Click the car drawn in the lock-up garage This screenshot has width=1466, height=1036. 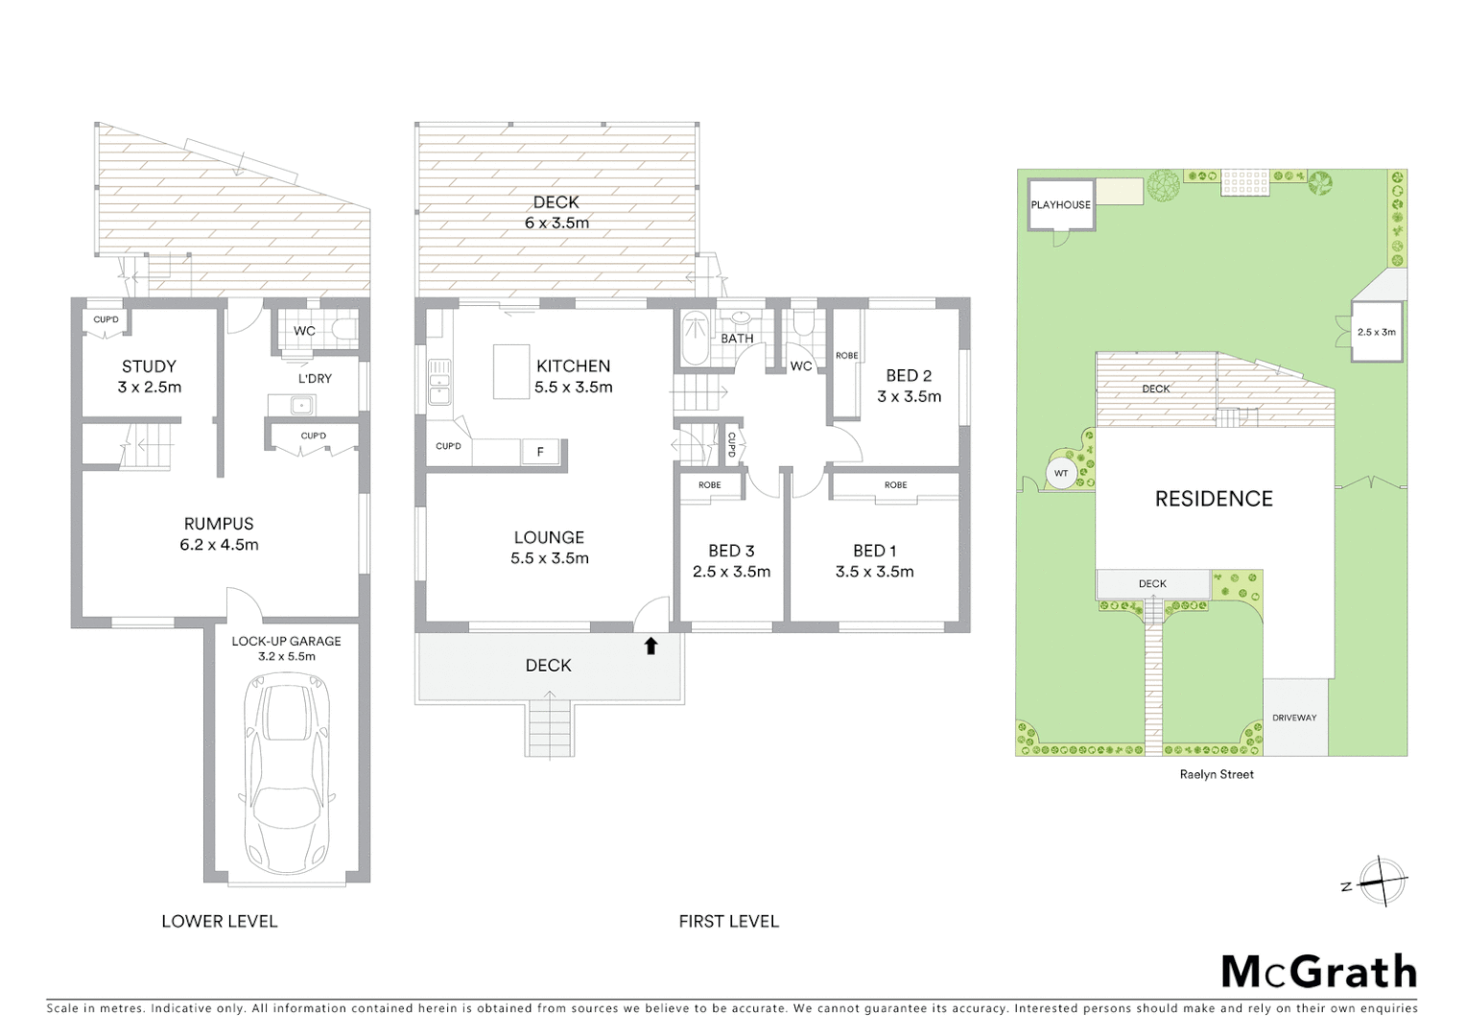click(x=287, y=772)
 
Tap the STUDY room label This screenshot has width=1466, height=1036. click(x=149, y=366)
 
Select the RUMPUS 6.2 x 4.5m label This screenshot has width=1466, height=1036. click(x=219, y=534)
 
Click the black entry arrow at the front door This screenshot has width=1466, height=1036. click(x=650, y=647)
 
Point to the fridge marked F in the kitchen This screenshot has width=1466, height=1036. click(x=540, y=452)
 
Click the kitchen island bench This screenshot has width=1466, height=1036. click(x=511, y=371)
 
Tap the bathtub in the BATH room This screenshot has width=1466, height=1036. click(x=694, y=339)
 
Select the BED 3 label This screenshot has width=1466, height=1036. click(x=731, y=551)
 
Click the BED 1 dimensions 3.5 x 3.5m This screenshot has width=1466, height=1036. click(x=874, y=572)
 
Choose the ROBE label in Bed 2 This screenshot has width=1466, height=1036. click(x=847, y=356)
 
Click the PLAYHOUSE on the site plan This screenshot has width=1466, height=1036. click(x=1060, y=204)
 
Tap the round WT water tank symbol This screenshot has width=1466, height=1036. click(x=1061, y=474)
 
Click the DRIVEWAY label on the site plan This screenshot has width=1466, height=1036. click(x=1294, y=718)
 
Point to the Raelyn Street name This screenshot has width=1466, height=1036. click(x=1217, y=774)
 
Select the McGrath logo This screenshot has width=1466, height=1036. click(x=1318, y=972)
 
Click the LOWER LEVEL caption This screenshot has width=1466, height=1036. click(x=219, y=921)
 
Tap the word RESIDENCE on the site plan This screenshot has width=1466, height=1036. click(x=1214, y=499)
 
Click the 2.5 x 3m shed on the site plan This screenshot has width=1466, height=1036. click(x=1376, y=332)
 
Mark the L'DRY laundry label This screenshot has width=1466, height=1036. click(x=315, y=379)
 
